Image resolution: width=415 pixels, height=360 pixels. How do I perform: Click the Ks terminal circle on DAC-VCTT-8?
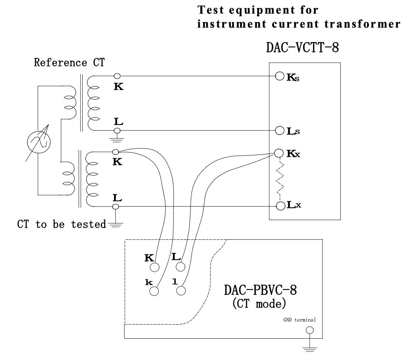[279, 77]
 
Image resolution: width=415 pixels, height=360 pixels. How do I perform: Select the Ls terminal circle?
[279, 131]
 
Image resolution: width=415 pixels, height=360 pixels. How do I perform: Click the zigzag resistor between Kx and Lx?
[279, 179]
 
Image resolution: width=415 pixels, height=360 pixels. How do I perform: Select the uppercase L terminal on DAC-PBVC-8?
[180, 267]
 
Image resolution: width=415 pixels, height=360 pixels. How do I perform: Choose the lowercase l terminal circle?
[180, 291]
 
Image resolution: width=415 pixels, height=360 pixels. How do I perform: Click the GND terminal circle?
[310, 330]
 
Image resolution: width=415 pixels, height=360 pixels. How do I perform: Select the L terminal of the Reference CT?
[117, 131]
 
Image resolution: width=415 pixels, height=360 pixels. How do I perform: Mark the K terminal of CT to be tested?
[116, 152]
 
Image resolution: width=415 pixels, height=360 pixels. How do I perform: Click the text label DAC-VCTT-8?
[302, 47]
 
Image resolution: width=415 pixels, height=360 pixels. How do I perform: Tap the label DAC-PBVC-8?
[260, 291]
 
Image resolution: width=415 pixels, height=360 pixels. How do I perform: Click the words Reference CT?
[69, 62]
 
